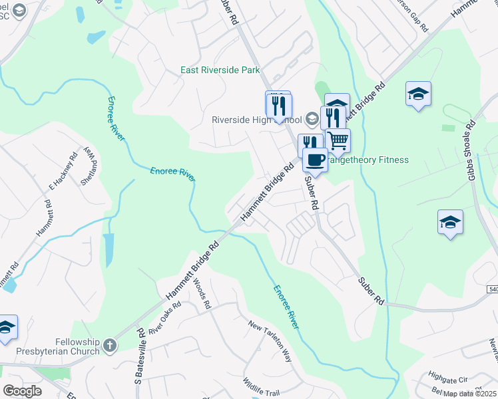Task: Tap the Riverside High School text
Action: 256,120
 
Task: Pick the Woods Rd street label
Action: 202,293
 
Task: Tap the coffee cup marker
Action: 316,160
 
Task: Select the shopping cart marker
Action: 338,140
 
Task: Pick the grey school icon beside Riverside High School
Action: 312,120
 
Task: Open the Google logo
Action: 22,391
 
